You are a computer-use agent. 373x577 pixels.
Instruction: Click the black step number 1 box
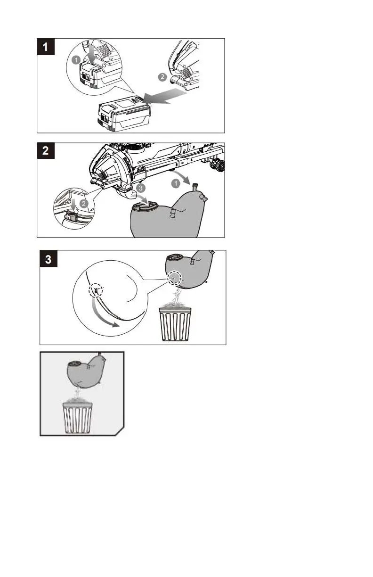click(46, 47)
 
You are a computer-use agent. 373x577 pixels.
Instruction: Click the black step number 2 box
click(46, 151)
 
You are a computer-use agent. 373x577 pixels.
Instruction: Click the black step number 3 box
click(49, 259)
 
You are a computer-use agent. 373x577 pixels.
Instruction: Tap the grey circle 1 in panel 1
click(76, 60)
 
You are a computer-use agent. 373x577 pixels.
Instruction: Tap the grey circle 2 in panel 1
click(162, 77)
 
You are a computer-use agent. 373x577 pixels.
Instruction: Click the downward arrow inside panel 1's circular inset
click(92, 53)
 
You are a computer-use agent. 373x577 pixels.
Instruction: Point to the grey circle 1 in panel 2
click(176, 184)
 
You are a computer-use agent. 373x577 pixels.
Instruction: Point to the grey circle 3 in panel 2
click(140, 188)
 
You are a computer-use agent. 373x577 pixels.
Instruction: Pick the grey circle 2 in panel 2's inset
click(84, 204)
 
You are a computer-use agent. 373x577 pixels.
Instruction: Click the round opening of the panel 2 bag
click(145, 206)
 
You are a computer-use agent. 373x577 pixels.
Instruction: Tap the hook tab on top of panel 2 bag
click(195, 187)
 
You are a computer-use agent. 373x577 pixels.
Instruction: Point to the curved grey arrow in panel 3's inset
click(101, 315)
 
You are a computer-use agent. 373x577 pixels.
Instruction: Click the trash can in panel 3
click(175, 324)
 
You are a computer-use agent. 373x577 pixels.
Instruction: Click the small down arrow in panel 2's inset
click(73, 204)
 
